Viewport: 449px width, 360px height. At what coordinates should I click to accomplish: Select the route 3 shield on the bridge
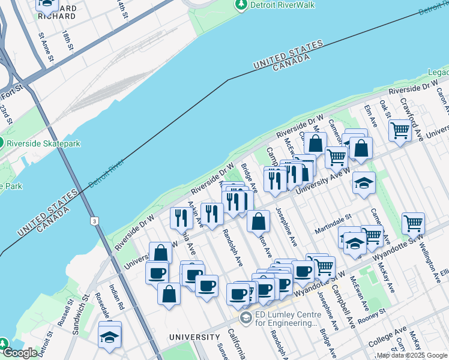(94, 221)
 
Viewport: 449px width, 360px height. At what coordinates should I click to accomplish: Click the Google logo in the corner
(20, 353)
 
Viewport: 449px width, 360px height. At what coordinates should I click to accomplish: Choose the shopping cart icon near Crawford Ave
(399, 130)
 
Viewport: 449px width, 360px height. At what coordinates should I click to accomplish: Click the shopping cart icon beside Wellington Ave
(413, 223)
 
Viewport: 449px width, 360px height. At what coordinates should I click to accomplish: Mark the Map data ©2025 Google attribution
(412, 355)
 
